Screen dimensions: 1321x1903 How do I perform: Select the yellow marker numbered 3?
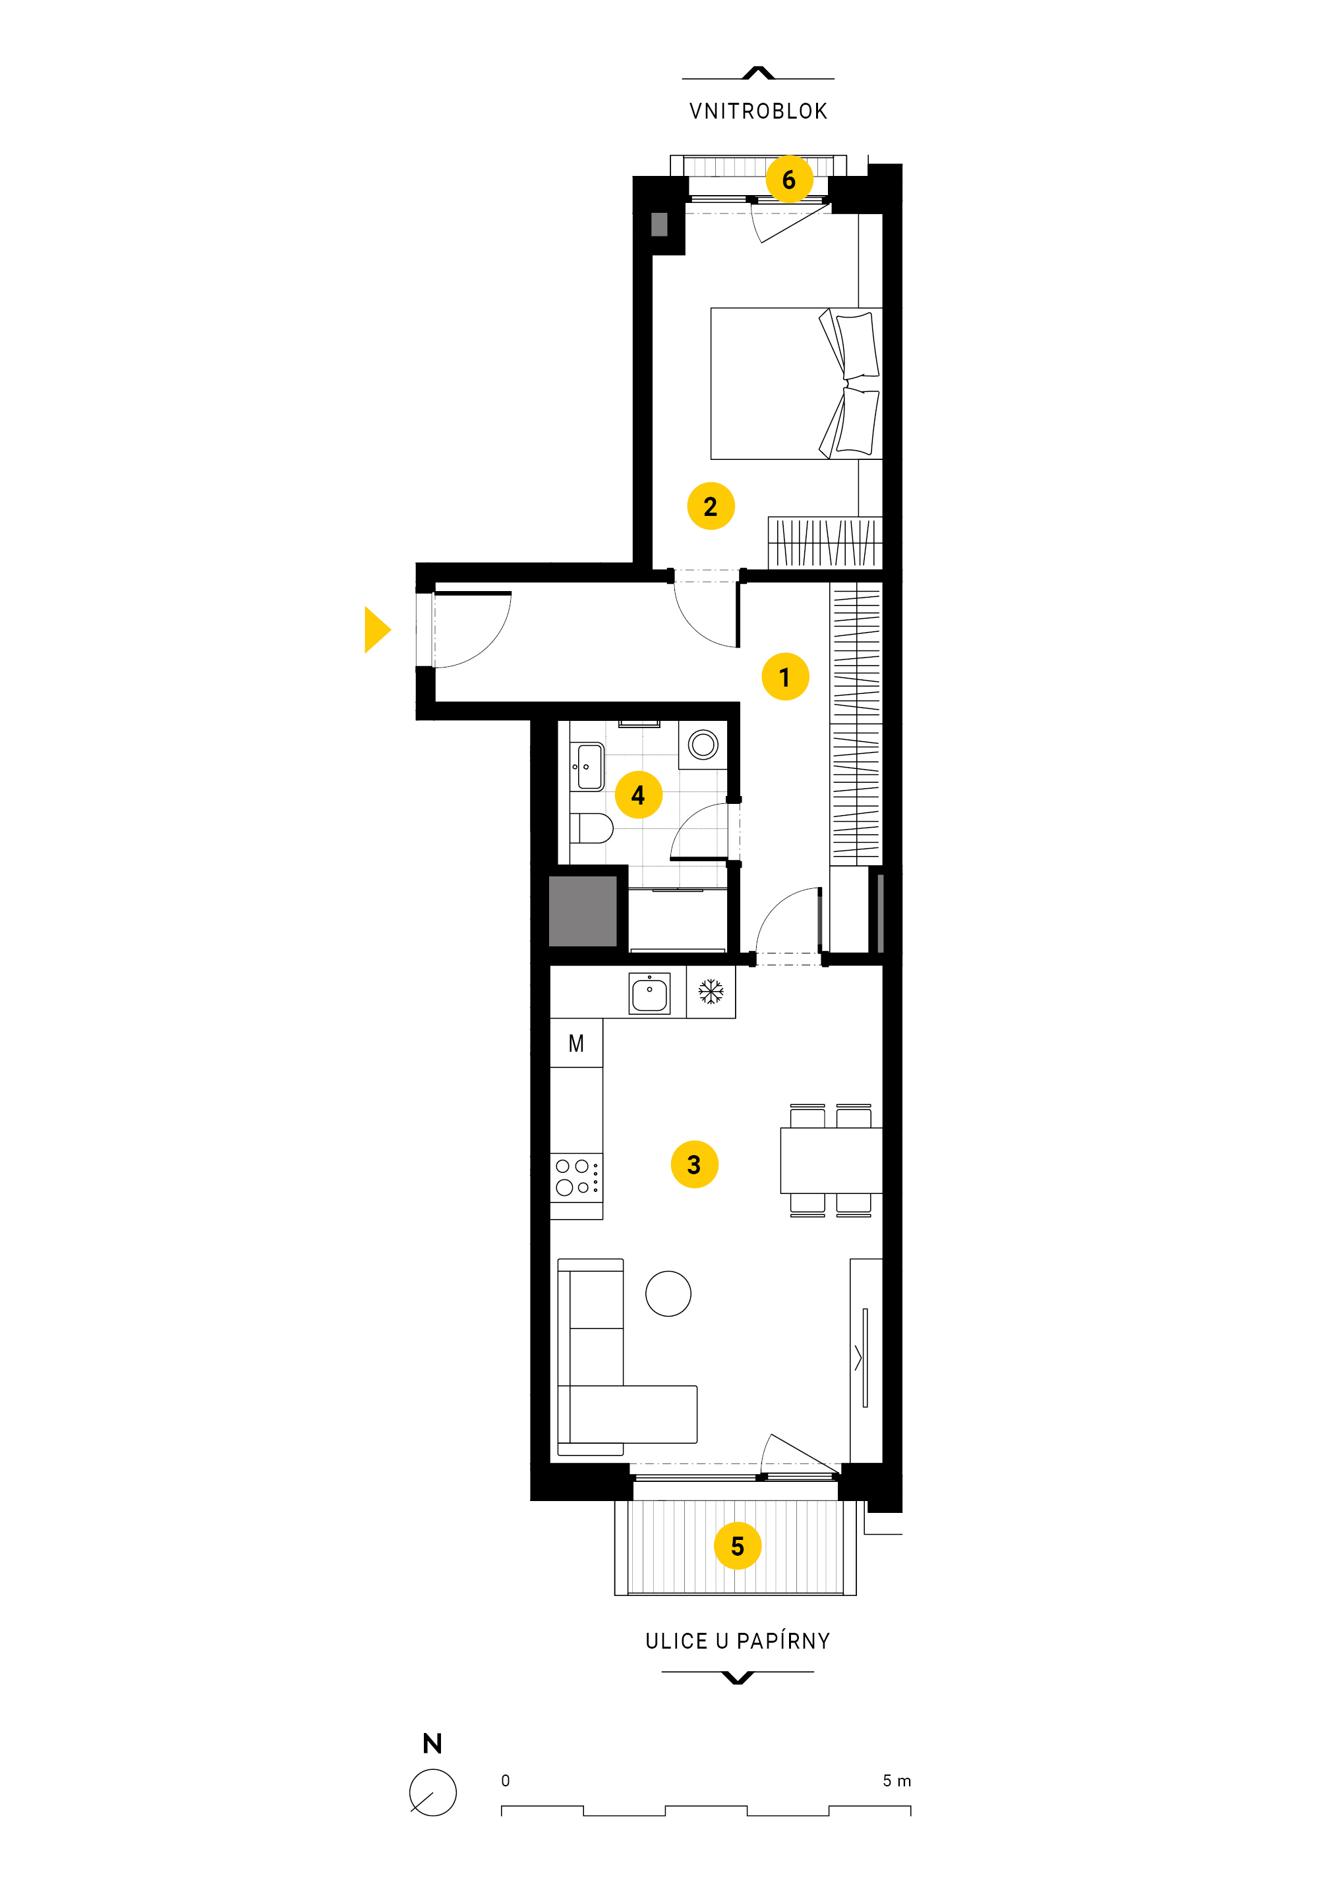[694, 1164]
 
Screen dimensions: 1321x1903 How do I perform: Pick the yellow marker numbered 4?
[638, 794]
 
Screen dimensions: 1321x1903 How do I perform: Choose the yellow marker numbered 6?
[789, 179]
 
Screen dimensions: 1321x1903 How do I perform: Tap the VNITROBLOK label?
[758, 111]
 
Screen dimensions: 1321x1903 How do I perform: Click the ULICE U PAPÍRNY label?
[738, 1641]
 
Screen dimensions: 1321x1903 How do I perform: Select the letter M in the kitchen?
[576, 1043]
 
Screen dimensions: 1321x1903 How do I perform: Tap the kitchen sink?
[650, 993]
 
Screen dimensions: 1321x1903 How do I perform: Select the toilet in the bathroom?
[591, 828]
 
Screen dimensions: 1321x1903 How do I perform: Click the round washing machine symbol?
[703, 744]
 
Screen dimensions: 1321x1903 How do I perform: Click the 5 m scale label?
[896, 1780]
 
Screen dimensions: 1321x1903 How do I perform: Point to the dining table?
[831, 1160]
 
